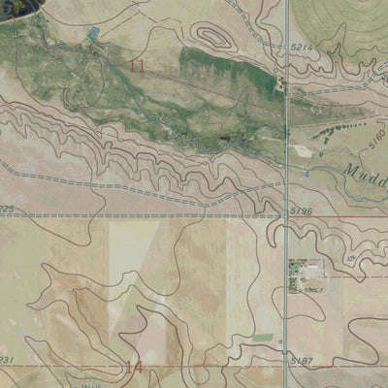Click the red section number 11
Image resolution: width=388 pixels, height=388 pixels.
click(x=138, y=66)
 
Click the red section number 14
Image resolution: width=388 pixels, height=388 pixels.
click(x=135, y=367)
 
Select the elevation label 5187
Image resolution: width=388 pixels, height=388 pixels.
click(x=303, y=361)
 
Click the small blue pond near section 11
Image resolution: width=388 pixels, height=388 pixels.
click(x=93, y=35)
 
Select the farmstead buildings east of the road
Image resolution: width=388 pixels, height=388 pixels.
click(x=308, y=275)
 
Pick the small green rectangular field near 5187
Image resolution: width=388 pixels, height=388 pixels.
click(x=262, y=337)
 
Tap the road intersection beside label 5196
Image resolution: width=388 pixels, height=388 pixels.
click(x=286, y=211)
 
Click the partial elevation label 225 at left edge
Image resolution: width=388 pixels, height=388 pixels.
click(x=8, y=208)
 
